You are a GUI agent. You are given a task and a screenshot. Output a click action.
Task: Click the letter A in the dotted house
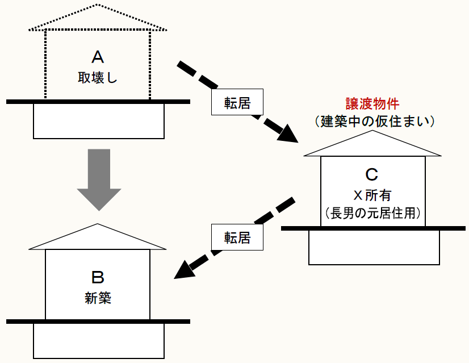pyautogui.click(x=98, y=56)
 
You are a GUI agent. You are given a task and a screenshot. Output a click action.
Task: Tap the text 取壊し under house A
pyautogui.click(x=98, y=78)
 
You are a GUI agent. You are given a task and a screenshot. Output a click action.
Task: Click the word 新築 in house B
pyautogui.click(x=98, y=298)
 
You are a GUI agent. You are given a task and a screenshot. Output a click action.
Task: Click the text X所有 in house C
pyautogui.click(x=372, y=194)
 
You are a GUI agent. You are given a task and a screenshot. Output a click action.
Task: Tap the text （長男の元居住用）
pyautogui.click(x=372, y=213)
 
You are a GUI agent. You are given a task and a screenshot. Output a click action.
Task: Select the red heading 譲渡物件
pyautogui.click(x=372, y=103)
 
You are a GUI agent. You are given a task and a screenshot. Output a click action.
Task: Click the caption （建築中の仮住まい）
pyautogui.click(x=372, y=121)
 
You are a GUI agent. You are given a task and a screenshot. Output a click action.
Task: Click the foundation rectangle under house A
pyautogui.click(x=99, y=121)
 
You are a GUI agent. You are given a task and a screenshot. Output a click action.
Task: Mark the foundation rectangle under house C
pyautogui.click(x=374, y=247)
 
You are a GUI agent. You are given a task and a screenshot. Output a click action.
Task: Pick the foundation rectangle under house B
pyautogui.click(x=99, y=340)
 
